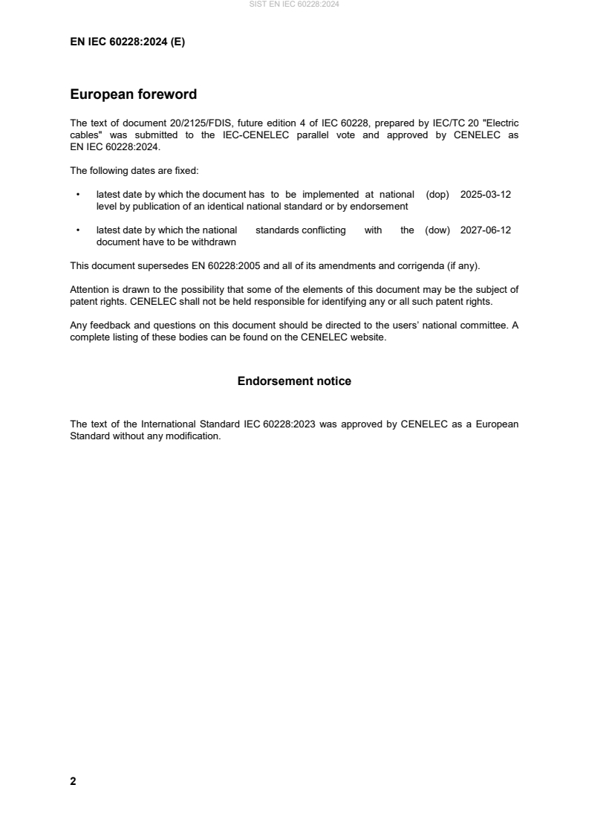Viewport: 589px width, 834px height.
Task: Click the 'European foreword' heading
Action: [133, 94]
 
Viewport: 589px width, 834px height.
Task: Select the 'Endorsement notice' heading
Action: [294, 381]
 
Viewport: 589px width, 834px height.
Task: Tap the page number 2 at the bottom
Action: [73, 781]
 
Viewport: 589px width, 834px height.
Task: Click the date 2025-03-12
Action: [486, 195]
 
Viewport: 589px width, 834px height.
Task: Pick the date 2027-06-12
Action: [486, 230]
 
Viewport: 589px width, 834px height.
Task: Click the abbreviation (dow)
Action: [437, 230]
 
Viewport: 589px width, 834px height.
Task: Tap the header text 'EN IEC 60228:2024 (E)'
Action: [127, 42]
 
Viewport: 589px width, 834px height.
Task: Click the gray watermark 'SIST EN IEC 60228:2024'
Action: [294, 4]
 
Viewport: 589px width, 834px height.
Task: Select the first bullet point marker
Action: [78, 195]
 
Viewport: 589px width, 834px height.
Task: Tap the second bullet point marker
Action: [78, 230]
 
